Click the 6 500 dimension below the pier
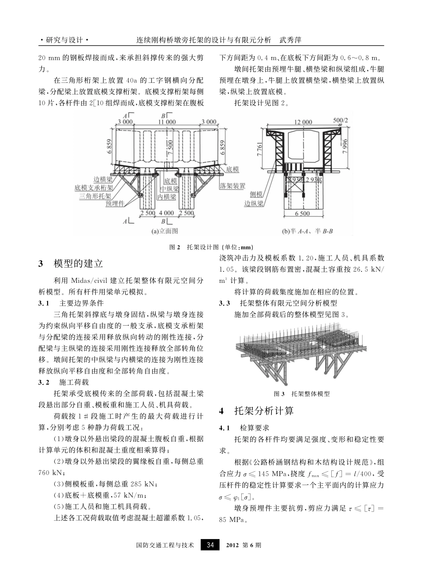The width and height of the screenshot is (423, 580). point(302,213)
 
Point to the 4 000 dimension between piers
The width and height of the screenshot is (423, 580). point(166,213)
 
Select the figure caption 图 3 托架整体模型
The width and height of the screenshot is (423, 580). point(302,394)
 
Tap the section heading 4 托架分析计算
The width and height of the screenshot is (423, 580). point(257,411)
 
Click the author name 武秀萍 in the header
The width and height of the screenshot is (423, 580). point(290,40)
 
